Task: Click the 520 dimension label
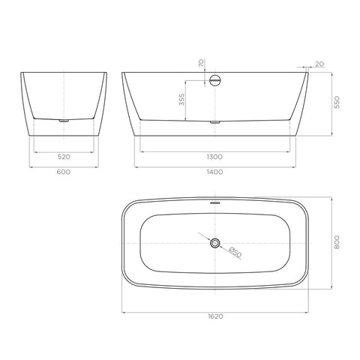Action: tap(64, 157)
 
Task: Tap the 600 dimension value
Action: tap(64, 172)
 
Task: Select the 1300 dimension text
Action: tap(214, 157)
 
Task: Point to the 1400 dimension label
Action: tap(215, 172)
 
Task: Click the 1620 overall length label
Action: tap(215, 316)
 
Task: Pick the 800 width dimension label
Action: tap(337, 242)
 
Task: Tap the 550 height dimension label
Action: tap(337, 102)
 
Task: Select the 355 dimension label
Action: tap(182, 100)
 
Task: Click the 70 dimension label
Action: tap(201, 63)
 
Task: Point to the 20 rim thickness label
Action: tap(319, 64)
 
